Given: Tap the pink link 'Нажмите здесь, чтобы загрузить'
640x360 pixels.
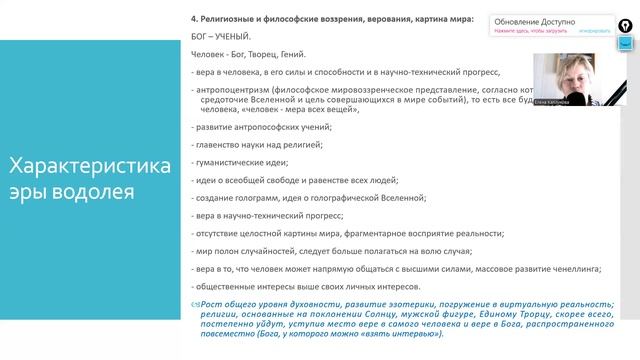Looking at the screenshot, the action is point(530,31).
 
